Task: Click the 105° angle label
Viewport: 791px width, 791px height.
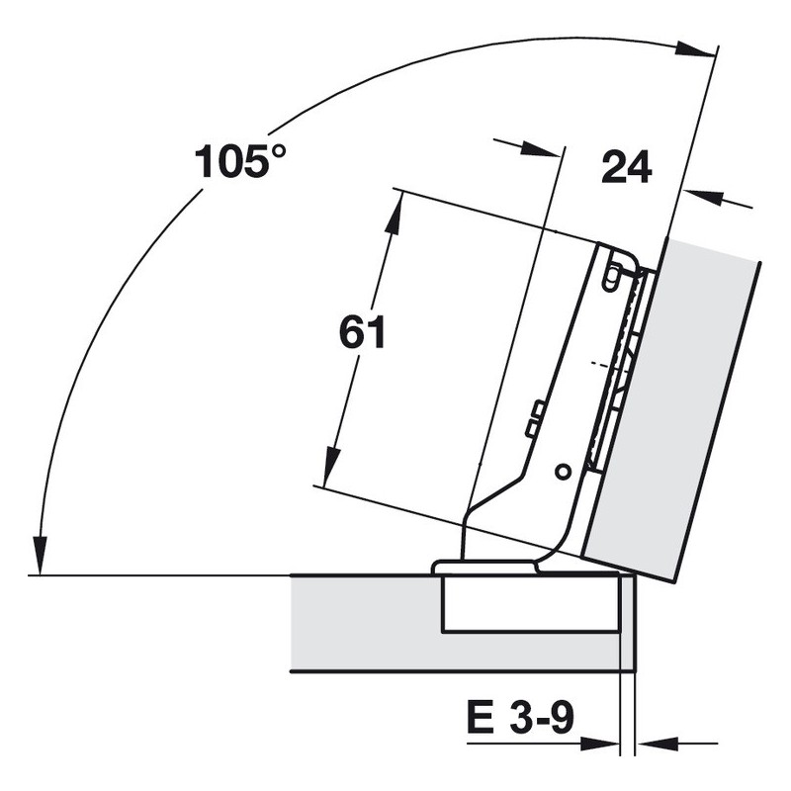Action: click(x=240, y=161)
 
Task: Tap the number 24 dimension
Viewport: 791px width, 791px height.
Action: click(x=627, y=167)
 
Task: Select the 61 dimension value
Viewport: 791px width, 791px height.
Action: click(x=362, y=332)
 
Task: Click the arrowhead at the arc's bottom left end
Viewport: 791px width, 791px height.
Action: click(x=40, y=556)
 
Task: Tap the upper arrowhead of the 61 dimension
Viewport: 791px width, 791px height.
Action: click(x=394, y=215)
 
